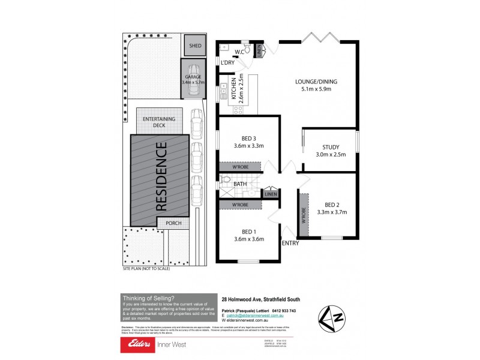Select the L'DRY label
(227, 63)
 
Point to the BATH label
(240, 184)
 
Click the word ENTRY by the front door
(290, 242)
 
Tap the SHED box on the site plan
(195, 46)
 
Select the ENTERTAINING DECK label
(158, 123)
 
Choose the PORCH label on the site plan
(173, 223)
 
